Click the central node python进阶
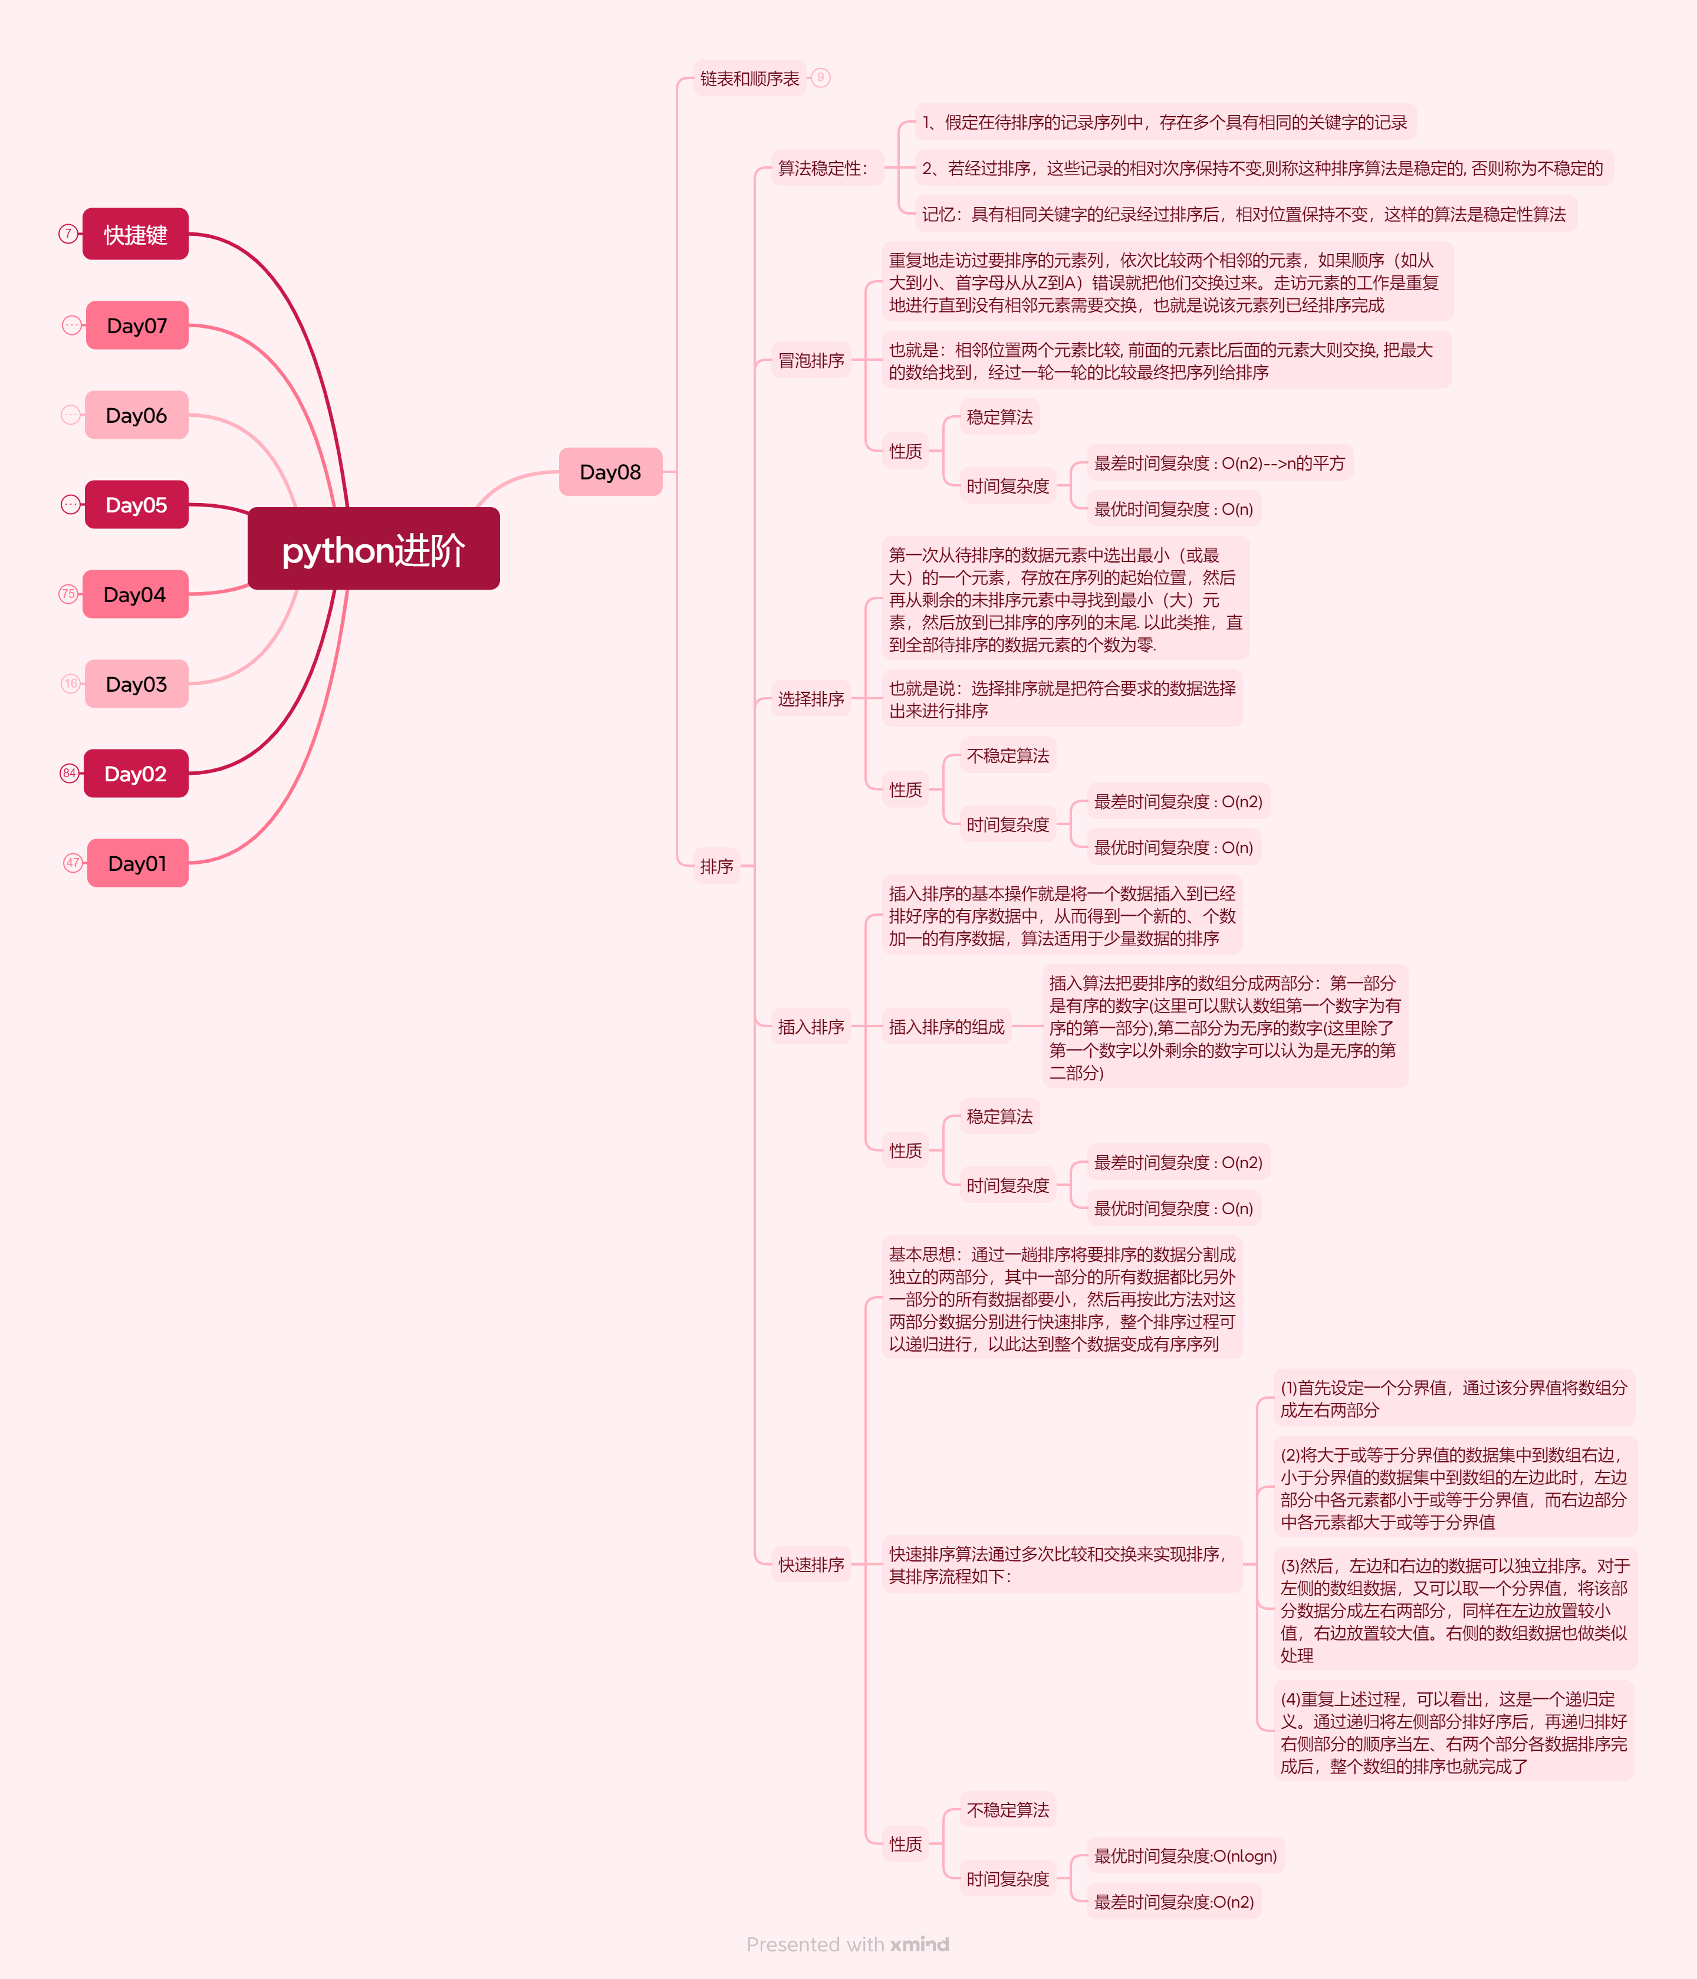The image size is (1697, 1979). pos(373,549)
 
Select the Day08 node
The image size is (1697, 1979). pos(610,472)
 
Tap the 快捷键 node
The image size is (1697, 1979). pos(136,234)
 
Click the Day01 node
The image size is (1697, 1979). pos(137,863)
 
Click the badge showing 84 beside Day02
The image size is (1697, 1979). pos(69,772)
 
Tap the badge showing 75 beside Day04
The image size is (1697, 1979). pos(68,594)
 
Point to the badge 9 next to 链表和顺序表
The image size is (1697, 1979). pos(820,77)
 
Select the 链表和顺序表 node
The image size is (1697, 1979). pos(749,78)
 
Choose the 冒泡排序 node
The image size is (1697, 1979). pos(811,360)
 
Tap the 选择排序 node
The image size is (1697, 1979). pos(811,698)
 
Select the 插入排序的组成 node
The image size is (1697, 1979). pos(946,1027)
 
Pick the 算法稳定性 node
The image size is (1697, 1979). pos(823,168)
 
